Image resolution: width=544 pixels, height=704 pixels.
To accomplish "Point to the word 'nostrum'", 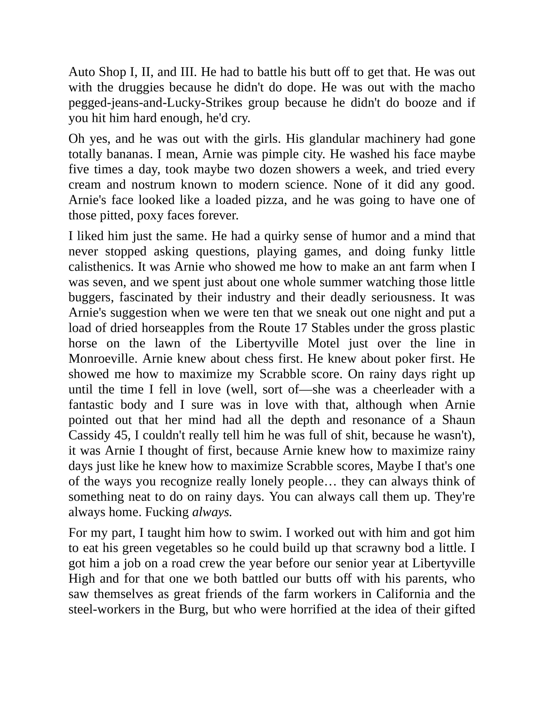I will [x=153, y=185].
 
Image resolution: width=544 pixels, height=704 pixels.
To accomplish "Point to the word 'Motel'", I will [x=323, y=343].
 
